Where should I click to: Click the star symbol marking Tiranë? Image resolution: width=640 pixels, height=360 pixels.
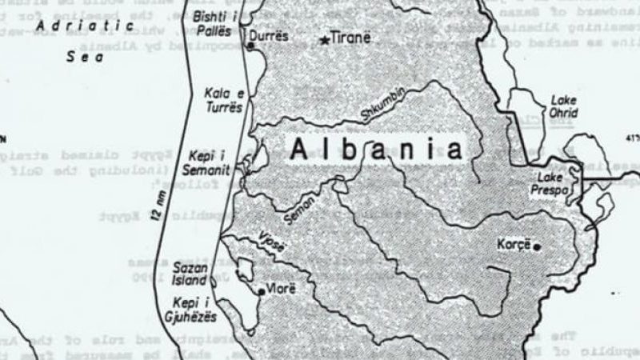(325, 39)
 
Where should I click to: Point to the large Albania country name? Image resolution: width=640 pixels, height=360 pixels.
(377, 150)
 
